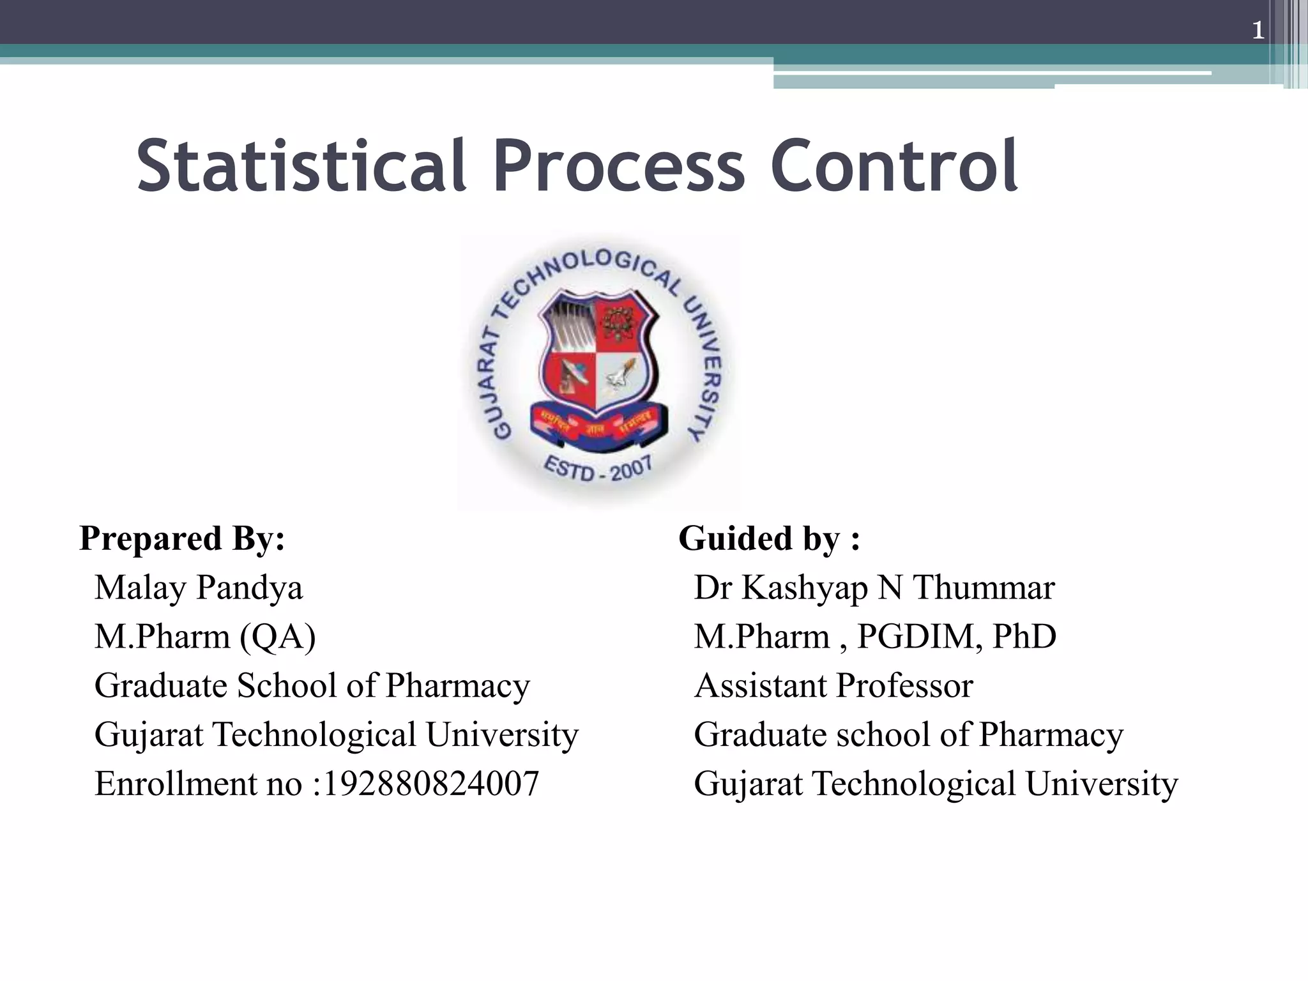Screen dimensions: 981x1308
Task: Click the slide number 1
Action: click(1258, 31)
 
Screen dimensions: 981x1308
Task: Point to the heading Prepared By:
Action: click(182, 538)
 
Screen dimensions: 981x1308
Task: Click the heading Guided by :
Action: click(769, 538)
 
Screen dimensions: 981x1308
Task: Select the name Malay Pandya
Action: click(199, 588)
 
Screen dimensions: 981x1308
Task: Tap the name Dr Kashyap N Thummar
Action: click(874, 588)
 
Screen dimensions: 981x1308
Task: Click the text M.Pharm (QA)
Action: click(205, 637)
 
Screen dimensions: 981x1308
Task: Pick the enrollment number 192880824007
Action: click(432, 784)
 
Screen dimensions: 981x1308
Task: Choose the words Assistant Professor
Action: click(833, 686)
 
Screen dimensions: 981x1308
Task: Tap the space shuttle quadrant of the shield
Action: click(622, 379)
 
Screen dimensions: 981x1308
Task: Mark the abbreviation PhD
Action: click(1024, 637)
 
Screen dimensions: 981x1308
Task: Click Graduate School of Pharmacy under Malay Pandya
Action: click(312, 686)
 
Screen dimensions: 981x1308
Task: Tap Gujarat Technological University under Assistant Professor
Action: click(936, 784)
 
